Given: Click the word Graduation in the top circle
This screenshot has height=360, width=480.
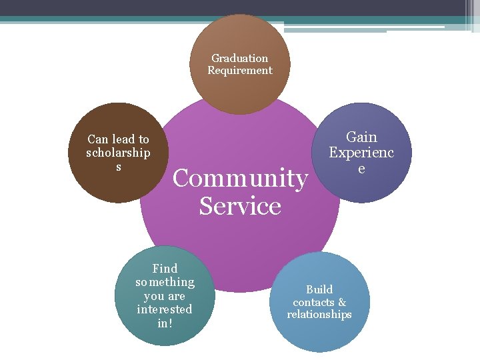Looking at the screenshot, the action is click(240, 58).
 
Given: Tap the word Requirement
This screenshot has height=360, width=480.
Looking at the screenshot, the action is click(240, 70).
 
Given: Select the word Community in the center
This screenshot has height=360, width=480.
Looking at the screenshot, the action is click(240, 178).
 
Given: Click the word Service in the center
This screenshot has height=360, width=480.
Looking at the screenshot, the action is click(240, 206).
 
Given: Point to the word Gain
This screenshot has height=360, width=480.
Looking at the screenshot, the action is click(361, 137).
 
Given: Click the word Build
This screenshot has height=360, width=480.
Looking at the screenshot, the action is click(319, 289).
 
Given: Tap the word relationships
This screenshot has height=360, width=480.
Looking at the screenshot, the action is click(319, 314).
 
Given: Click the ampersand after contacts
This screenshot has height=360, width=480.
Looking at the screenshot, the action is click(342, 302).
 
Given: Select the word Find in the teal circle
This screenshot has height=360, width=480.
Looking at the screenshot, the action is click(165, 269).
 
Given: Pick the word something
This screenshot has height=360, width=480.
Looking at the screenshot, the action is click(165, 282).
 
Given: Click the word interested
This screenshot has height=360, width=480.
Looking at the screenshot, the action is click(165, 309).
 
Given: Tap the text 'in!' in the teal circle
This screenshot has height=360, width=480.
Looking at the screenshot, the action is click(165, 323).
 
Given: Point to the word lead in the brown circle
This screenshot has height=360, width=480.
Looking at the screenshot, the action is click(123, 139).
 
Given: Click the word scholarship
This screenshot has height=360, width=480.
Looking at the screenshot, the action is click(118, 153).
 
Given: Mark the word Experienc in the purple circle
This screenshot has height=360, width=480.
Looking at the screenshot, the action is click(361, 153).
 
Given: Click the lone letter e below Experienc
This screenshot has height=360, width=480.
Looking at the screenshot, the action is click(361, 169).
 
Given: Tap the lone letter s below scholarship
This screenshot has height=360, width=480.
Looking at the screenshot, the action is click(119, 166).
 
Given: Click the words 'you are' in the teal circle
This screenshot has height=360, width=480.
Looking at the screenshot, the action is click(165, 296).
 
